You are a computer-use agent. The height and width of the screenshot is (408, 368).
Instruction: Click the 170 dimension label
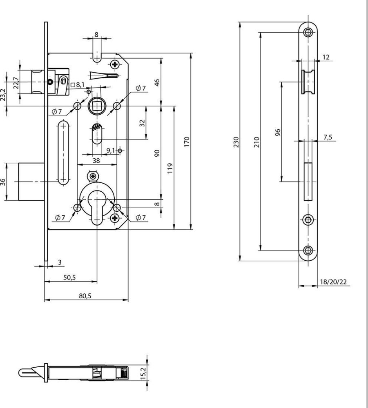coord(187,142)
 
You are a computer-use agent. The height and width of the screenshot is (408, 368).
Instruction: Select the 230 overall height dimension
coord(236,142)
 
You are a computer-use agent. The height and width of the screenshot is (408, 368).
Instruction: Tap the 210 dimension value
coord(257,142)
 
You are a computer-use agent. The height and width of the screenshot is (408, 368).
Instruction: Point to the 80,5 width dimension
coord(85,296)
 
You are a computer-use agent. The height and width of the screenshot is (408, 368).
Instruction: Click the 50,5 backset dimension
coord(69,277)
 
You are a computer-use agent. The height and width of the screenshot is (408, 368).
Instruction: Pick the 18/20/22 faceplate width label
coord(333,282)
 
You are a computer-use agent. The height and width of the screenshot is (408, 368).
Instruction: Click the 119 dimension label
coord(170,169)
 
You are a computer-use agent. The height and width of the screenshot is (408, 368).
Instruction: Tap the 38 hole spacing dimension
coord(96,160)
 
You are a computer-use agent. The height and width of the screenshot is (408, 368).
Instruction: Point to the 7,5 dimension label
coord(328,137)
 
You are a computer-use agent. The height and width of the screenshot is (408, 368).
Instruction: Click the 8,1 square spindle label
coord(78,84)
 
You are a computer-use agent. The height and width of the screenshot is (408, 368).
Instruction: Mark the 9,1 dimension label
coord(111,151)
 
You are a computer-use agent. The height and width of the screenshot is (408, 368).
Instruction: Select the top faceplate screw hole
coord(308,33)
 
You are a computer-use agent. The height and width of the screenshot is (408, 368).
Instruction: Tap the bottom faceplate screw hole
coord(308,251)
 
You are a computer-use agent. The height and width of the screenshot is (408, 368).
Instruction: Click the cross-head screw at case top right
coord(115,64)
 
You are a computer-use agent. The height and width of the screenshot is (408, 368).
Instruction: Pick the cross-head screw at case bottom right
coord(114,218)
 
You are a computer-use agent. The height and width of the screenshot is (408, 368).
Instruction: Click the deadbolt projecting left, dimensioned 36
coord(31,182)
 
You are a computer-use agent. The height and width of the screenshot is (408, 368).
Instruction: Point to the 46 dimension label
coord(157,82)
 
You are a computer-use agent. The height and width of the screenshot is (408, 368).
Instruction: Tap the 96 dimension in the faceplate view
coord(278,132)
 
